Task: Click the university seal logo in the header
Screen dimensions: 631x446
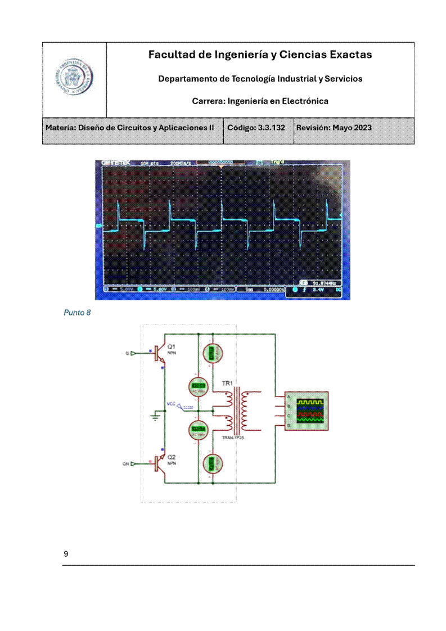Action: coord(74,79)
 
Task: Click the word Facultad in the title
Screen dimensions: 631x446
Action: coord(170,55)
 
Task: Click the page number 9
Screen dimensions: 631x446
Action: coord(66,554)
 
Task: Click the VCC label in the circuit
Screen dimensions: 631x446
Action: coord(171,404)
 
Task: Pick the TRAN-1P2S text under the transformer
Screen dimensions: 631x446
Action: coord(233,436)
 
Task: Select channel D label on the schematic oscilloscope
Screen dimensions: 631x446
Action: coord(289,426)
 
